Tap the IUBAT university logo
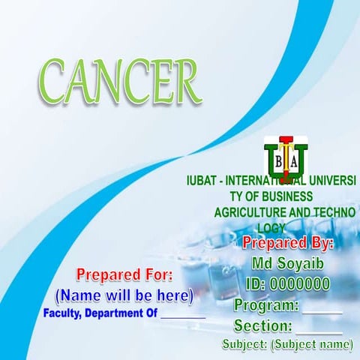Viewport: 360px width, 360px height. (286, 155)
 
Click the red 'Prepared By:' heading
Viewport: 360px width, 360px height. (288, 244)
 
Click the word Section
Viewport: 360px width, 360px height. (262, 326)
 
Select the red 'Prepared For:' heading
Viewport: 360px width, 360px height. (124, 274)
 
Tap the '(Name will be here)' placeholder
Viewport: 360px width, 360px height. (124, 295)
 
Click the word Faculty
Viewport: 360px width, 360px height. (64, 313)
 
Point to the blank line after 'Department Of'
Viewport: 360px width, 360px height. (183, 316)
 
